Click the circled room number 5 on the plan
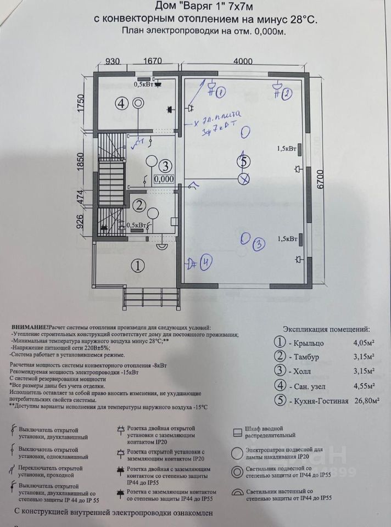pyautogui.click(x=245, y=161)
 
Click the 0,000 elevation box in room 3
pyautogui.click(x=164, y=178)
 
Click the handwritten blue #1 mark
pyautogui.click(x=218, y=93)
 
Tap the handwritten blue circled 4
pyautogui.click(x=205, y=262)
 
